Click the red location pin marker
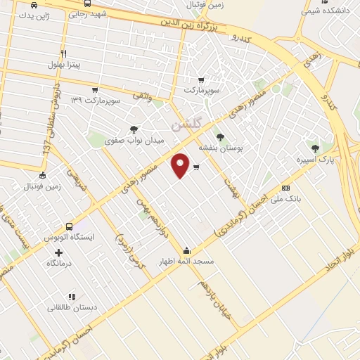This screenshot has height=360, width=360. pos(181,165)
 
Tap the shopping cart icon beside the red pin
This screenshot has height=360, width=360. pos(196,167)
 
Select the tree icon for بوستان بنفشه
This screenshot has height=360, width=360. pos(221,137)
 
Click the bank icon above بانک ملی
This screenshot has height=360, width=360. pos(285,188)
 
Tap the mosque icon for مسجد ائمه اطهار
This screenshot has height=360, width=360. pos(186,250)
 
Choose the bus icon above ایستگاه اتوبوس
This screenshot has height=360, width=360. pos(69,226)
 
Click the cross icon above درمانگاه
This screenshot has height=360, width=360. pos(58,252)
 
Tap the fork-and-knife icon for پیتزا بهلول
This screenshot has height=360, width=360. pos(64,53)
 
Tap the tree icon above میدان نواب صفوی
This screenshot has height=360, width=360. pos(134,129)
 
